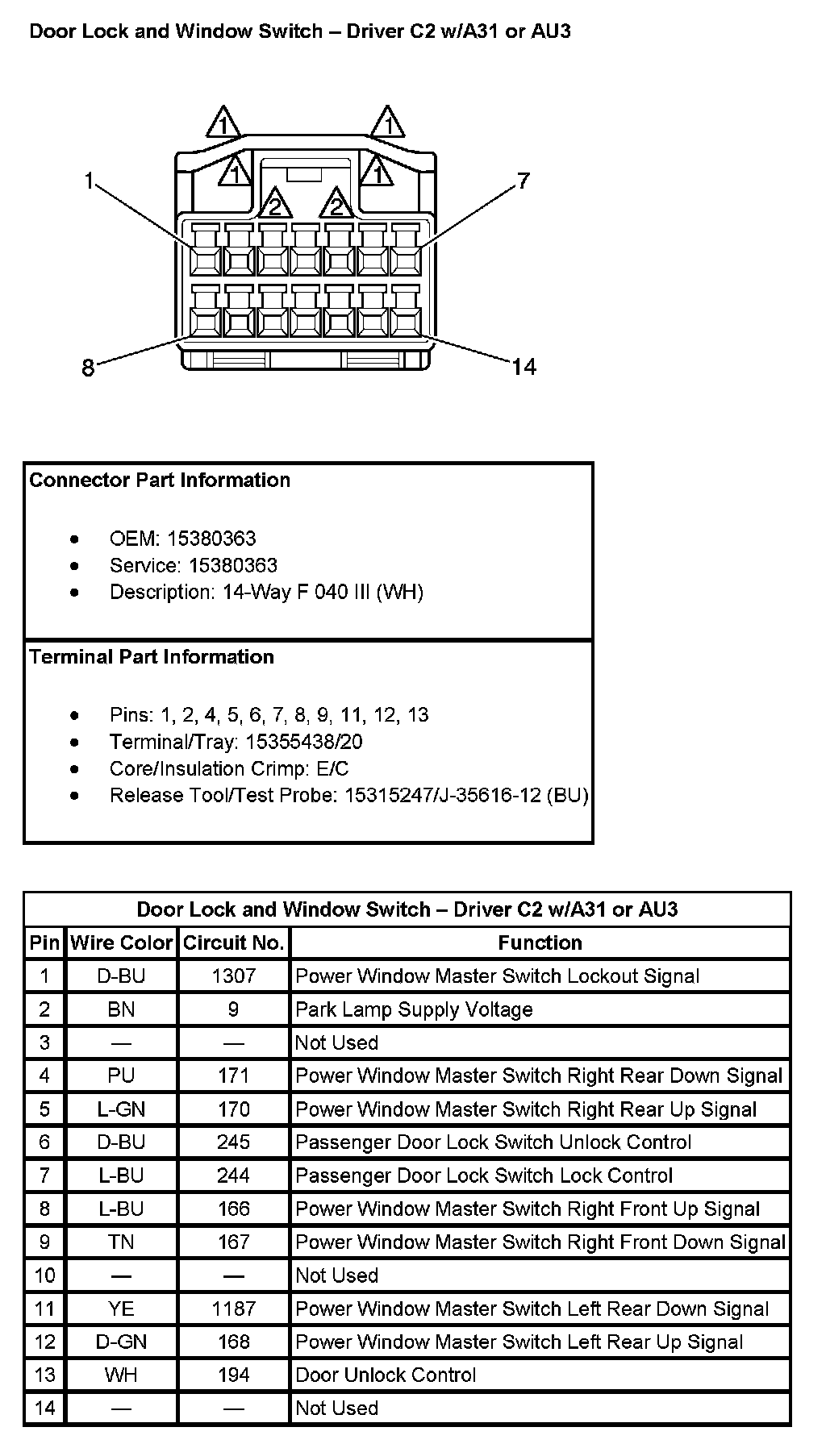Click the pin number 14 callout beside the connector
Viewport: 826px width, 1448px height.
pos(524,368)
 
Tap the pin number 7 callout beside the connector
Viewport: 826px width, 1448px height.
pos(524,180)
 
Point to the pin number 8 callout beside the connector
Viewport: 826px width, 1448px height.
pos(88,368)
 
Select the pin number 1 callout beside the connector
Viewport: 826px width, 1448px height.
pos(89,181)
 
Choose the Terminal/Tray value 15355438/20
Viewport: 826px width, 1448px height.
pos(303,741)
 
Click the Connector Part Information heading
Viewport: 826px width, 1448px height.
pos(160,481)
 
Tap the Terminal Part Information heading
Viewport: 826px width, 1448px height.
pos(152,657)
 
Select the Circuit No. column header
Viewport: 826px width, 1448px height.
pos(233,942)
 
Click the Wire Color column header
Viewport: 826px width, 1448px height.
pos(121,942)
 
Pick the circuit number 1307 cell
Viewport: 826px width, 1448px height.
pos(233,976)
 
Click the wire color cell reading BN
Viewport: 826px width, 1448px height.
pos(121,1009)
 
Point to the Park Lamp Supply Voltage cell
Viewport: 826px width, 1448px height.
pos(414,1009)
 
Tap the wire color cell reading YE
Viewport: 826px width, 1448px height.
pos(121,1309)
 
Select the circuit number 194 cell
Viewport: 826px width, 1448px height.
pos(233,1375)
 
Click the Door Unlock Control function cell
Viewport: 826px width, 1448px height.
pos(386,1375)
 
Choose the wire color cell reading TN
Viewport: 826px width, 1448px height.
pos(121,1242)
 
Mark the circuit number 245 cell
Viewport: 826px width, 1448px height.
pos(233,1142)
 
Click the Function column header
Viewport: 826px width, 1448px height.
pos(540,942)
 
